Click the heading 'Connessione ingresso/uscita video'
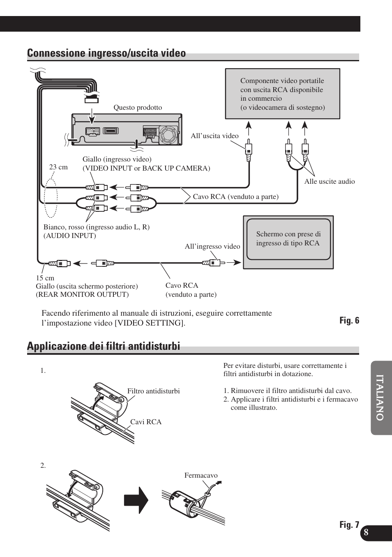tap(106, 53)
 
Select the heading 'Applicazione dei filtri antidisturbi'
tap(104, 347)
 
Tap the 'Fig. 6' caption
tap(349, 321)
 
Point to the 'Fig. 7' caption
tap(349, 525)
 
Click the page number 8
tap(366, 533)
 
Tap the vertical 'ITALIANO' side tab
tap(380, 398)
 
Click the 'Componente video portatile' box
tap(282, 94)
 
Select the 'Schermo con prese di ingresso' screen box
tap(288, 239)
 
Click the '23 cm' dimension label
tap(58, 167)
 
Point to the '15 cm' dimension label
tap(45, 278)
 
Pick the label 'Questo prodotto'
tap(138, 108)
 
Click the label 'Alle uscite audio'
tap(329, 182)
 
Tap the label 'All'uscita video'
tap(214, 136)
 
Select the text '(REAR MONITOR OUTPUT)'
tap(82, 294)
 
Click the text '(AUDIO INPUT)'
tap(70, 236)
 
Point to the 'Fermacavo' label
tap(201, 476)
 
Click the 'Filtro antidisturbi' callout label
tap(153, 391)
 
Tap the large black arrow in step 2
tap(136, 500)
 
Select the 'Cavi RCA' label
tap(146, 422)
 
